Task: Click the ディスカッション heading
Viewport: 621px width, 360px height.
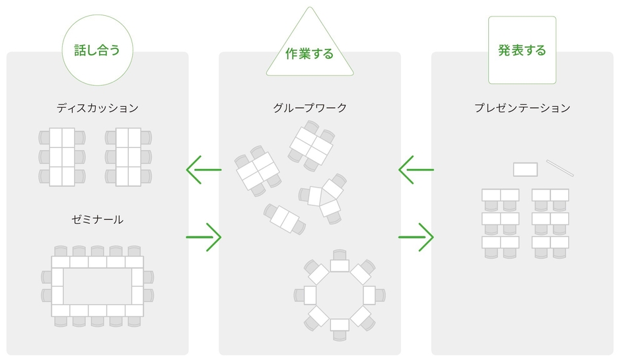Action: (x=97, y=108)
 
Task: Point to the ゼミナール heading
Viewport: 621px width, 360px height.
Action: (x=97, y=219)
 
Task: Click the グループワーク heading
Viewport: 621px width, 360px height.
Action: (x=310, y=108)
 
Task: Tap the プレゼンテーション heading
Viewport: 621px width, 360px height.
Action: (x=523, y=108)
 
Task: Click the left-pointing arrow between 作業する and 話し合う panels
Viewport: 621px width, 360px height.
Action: (x=204, y=170)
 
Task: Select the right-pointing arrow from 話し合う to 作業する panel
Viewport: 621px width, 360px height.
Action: (x=204, y=237)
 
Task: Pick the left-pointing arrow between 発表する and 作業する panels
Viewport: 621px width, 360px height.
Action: (x=416, y=170)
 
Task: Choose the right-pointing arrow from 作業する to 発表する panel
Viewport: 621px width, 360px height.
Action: (x=416, y=237)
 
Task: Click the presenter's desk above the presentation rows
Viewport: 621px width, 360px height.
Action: (x=526, y=170)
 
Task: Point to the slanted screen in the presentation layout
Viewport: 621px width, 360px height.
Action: (x=560, y=168)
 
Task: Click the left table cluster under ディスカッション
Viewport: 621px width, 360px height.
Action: (x=62, y=157)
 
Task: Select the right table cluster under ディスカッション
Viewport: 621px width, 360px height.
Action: (x=128, y=157)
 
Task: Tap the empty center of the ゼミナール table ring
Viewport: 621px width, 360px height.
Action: (x=97, y=286)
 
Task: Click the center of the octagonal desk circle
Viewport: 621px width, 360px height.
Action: (x=340, y=295)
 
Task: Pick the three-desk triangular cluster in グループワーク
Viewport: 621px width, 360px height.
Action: (x=324, y=199)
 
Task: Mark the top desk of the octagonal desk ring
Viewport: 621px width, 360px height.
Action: (x=340, y=266)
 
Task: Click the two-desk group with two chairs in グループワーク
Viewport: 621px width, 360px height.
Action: (x=285, y=219)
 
